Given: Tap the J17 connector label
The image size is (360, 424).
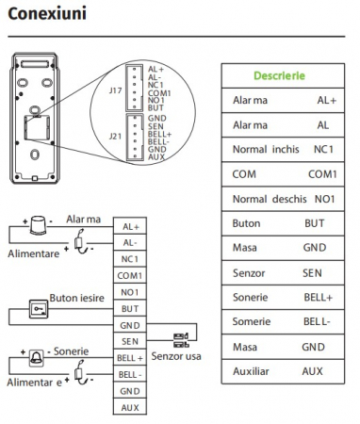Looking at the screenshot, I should click(116, 90).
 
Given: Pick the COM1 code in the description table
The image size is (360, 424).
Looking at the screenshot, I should click(321, 174).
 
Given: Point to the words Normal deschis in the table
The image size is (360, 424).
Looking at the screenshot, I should click(270, 199).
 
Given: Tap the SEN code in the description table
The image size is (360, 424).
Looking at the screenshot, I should click(313, 273).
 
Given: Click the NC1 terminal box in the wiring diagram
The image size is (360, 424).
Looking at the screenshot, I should click(130, 259).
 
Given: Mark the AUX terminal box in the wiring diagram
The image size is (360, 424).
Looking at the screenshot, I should click(130, 407).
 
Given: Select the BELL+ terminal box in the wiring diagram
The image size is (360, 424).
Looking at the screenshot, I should click(130, 358).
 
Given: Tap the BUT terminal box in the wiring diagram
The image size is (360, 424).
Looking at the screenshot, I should click(130, 308).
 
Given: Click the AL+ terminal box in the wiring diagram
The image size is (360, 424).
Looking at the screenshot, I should click(130, 226).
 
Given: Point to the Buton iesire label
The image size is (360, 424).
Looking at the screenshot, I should click(75, 294).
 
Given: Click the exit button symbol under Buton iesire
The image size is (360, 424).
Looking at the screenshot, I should click(39, 309).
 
